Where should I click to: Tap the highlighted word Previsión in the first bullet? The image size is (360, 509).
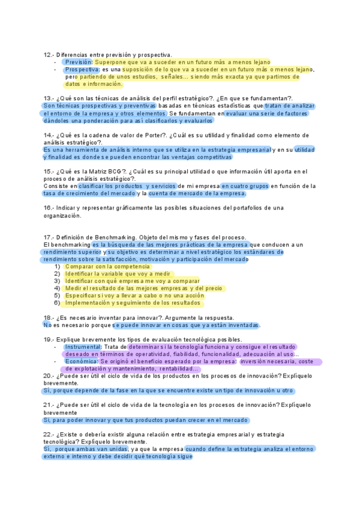tap(78, 62)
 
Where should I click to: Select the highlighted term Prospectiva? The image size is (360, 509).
tap(82, 70)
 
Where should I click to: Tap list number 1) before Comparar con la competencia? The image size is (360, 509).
tap(57, 267)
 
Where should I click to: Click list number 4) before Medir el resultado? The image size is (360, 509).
tap(57, 288)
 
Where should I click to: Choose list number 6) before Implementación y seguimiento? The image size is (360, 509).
tap(57, 303)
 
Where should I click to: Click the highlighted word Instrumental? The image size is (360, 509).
tap(82, 347)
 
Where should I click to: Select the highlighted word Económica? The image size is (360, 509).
tap(80, 361)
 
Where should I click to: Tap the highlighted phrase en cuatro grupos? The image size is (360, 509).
tap(244, 186)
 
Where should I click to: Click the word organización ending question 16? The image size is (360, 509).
tap(62, 215)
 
